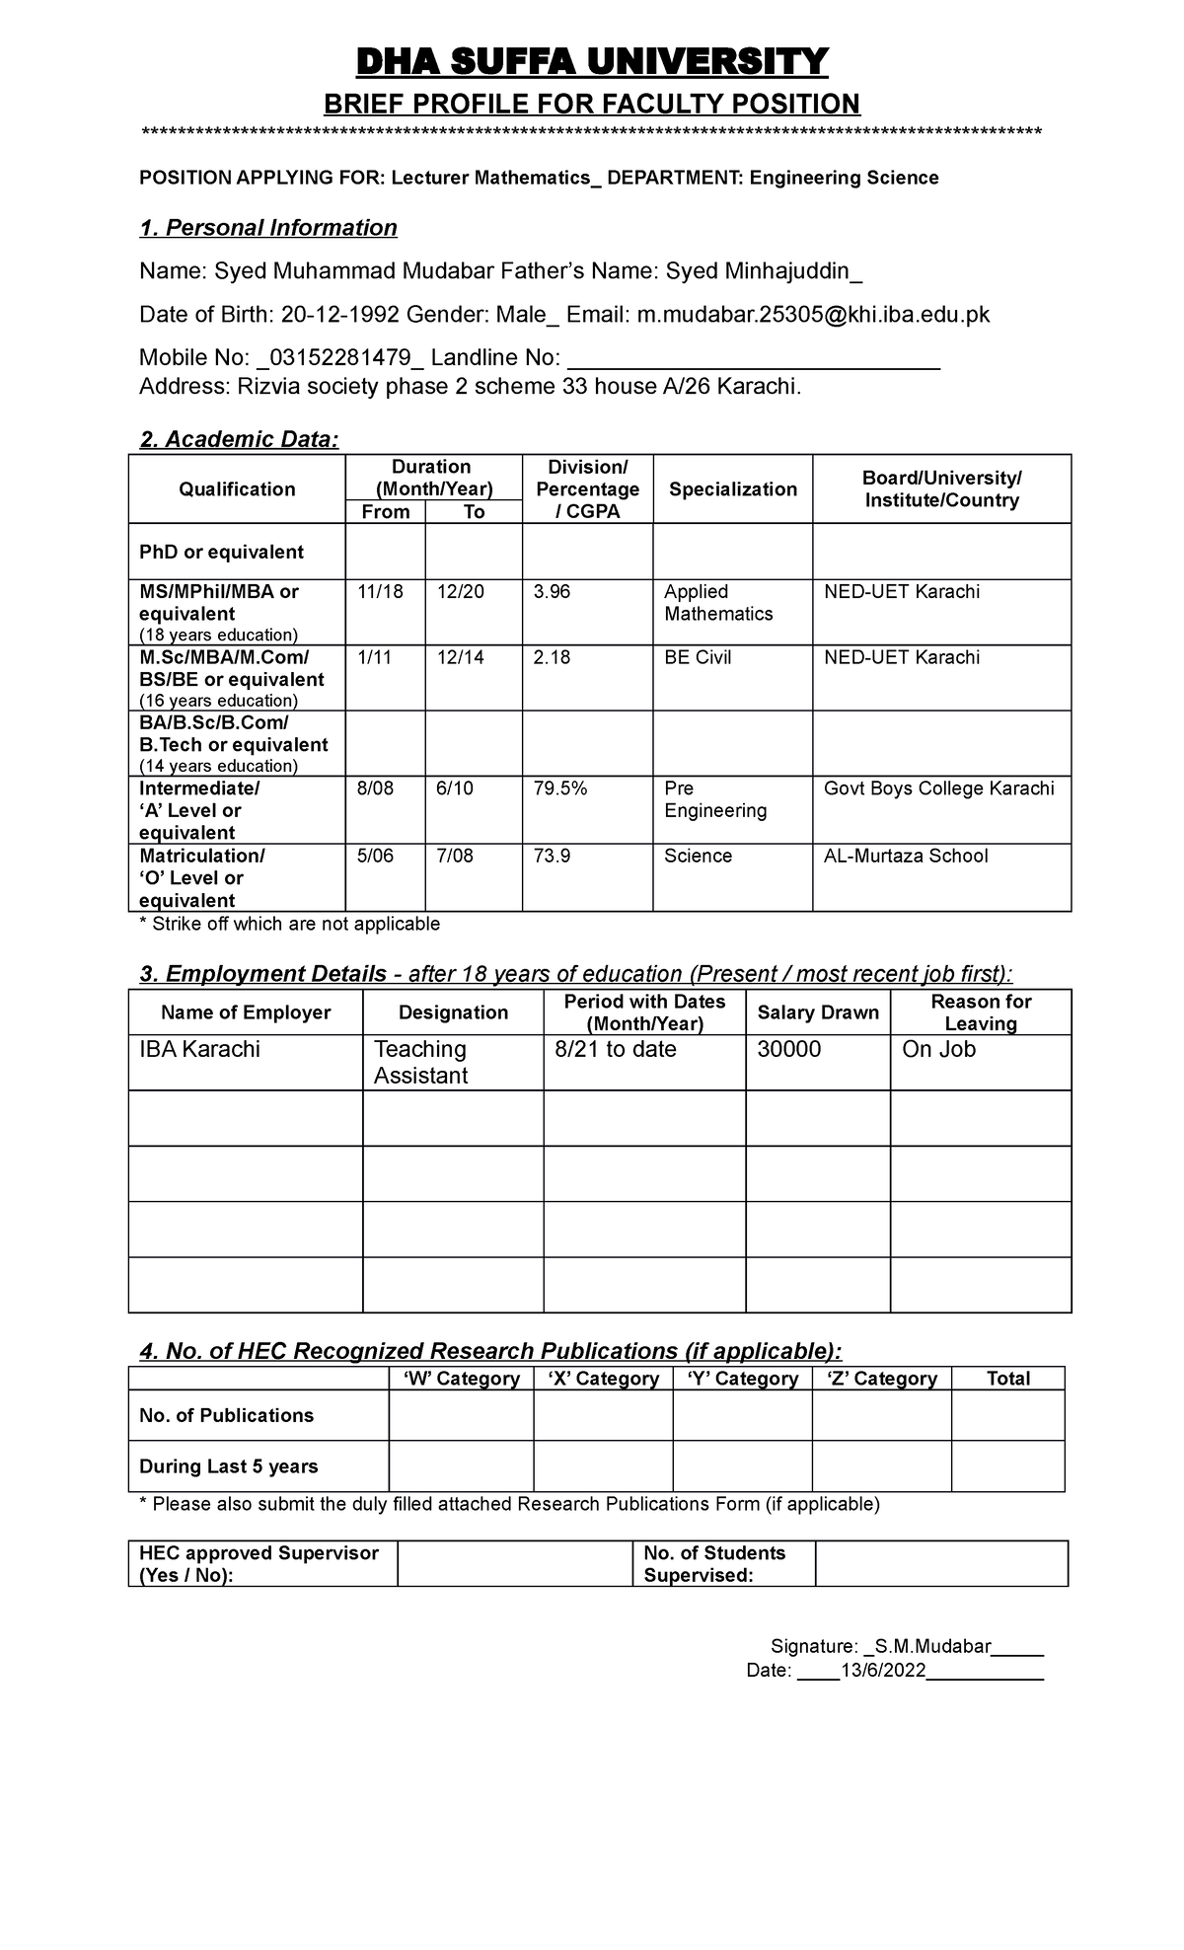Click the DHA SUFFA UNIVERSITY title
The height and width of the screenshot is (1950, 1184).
[x=591, y=62]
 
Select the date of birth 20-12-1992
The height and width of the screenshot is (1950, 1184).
[x=340, y=315]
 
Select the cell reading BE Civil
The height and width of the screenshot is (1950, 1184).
[x=698, y=657]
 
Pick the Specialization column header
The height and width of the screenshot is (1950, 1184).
[x=732, y=489]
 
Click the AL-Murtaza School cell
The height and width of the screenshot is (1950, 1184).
[x=905, y=856]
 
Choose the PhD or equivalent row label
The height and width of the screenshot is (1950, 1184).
[x=221, y=552]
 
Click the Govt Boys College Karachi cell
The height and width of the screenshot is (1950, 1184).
[x=938, y=788]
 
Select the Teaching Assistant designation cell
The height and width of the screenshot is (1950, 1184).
[x=420, y=1062]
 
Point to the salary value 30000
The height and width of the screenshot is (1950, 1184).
[x=788, y=1049]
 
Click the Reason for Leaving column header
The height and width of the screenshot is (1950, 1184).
[x=980, y=1012]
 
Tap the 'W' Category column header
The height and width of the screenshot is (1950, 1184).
[x=461, y=1379]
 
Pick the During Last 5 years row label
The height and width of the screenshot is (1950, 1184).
[x=228, y=1466]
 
